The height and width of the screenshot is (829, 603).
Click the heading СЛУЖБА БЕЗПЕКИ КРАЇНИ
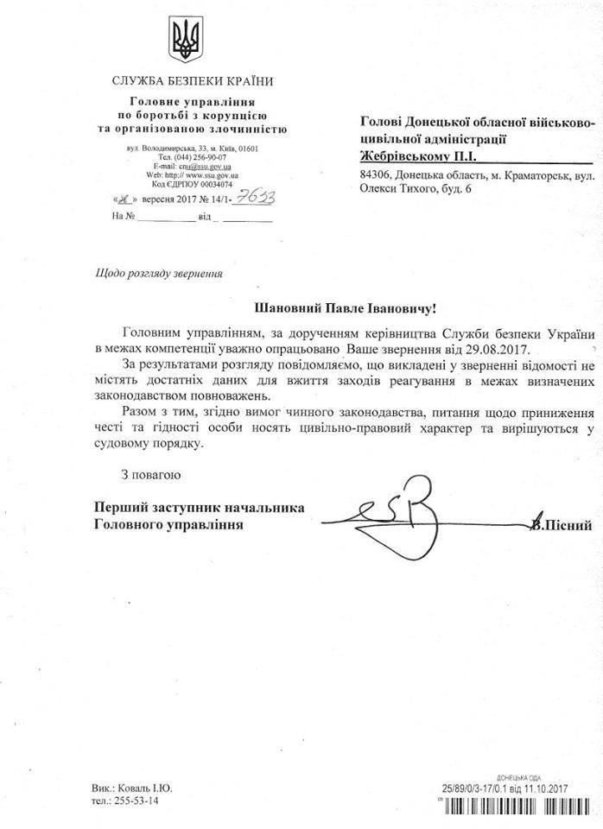coord(193,82)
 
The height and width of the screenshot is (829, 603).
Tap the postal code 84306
coord(376,175)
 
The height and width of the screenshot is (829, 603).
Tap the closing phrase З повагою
coord(149,475)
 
